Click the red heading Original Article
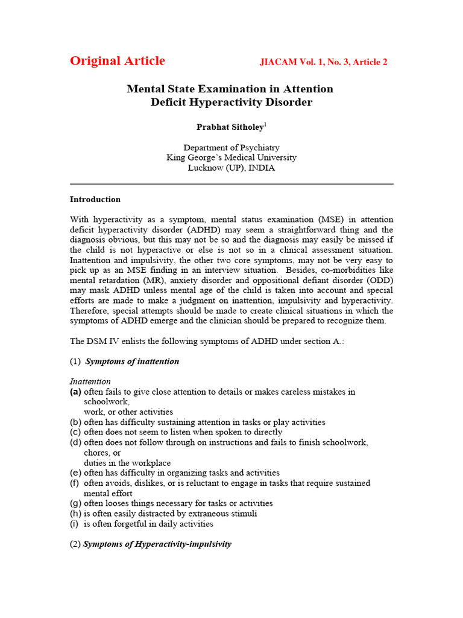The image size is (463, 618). coord(117,61)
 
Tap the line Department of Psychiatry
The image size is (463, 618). coord(231,147)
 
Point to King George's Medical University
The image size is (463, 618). coord(231,158)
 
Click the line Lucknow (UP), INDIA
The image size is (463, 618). coord(231,168)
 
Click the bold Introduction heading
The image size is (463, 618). coord(95,199)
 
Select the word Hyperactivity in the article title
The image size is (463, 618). coord(214,102)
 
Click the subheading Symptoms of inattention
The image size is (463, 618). coord(132,362)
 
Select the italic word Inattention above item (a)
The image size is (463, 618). coord(90,381)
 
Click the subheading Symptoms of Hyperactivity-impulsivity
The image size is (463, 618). coord(157,544)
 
